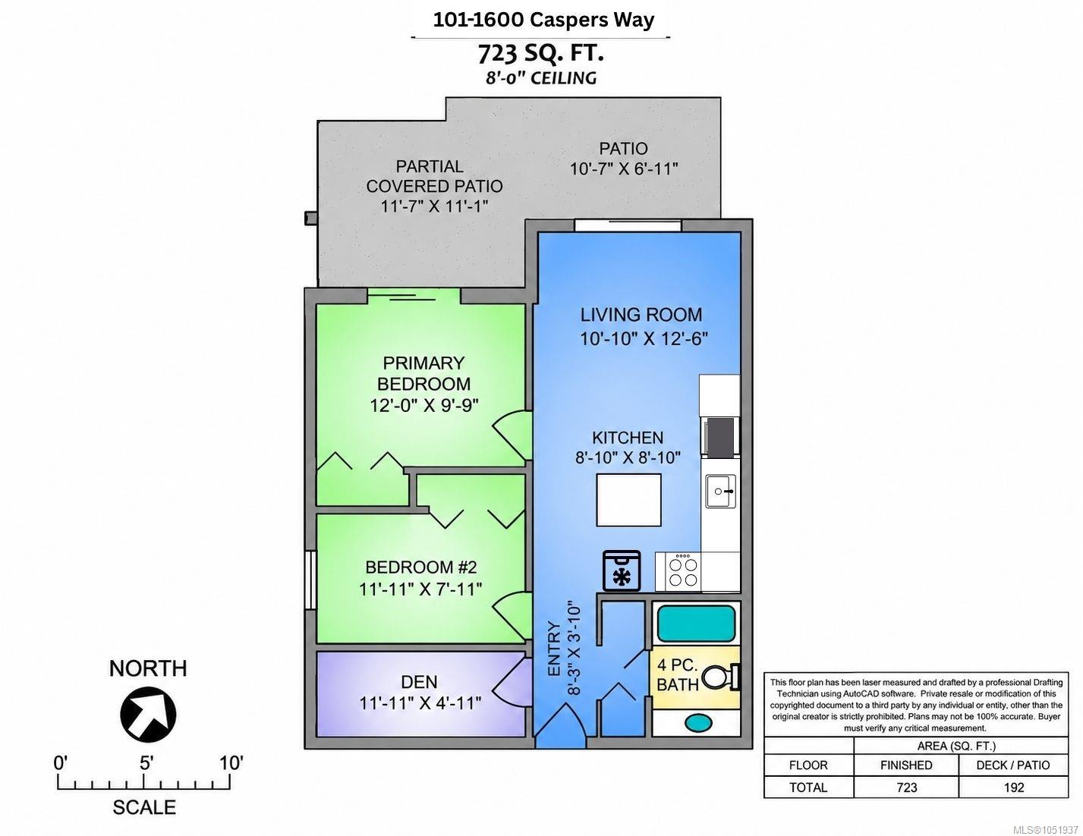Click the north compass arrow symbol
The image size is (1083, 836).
click(x=148, y=714)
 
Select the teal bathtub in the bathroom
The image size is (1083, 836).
click(x=696, y=624)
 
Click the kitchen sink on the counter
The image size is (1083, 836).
click(x=721, y=492)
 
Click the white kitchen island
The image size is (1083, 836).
click(x=629, y=500)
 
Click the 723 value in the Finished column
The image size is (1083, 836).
click(x=906, y=787)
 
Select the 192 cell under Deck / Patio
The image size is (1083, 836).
click(x=1014, y=787)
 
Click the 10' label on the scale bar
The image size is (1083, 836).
click(x=230, y=762)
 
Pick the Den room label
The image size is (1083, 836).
click(x=419, y=681)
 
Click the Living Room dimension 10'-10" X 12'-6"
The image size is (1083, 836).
click(x=644, y=339)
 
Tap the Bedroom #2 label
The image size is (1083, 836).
click(x=421, y=567)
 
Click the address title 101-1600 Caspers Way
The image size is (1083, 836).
click(x=543, y=20)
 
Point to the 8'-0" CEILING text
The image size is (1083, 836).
click(x=541, y=78)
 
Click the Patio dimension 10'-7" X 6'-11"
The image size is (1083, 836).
click(x=624, y=169)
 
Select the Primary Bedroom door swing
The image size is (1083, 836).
click(x=512, y=435)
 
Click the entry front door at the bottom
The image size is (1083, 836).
click(x=561, y=725)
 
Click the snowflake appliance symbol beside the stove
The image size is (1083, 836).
click(x=622, y=570)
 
